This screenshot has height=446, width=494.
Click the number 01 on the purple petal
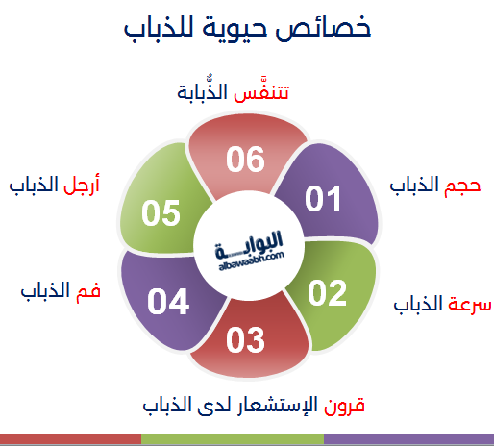click(323, 199)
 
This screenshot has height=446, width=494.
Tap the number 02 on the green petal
click(328, 292)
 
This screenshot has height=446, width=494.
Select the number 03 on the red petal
click(245, 340)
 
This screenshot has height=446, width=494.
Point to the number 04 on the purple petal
click(168, 301)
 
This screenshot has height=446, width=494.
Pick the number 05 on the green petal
click(161, 213)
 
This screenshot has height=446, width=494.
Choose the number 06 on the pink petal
click(245, 160)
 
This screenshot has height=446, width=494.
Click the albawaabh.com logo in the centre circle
click(249, 251)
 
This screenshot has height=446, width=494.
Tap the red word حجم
click(462, 186)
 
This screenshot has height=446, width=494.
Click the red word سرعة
click(470, 304)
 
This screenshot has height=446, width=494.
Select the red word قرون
click(344, 407)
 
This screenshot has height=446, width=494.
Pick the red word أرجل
click(82, 185)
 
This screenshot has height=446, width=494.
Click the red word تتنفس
click(261, 92)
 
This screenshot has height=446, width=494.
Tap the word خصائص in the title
click(323, 28)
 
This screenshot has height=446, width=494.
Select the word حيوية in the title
click(235, 30)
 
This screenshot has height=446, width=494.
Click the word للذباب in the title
click(159, 28)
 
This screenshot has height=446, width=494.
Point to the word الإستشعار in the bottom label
click(278, 405)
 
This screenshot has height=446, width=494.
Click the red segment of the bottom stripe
click(70, 439)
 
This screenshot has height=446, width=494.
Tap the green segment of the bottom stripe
click(233, 439)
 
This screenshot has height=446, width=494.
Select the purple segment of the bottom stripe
click(408, 439)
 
